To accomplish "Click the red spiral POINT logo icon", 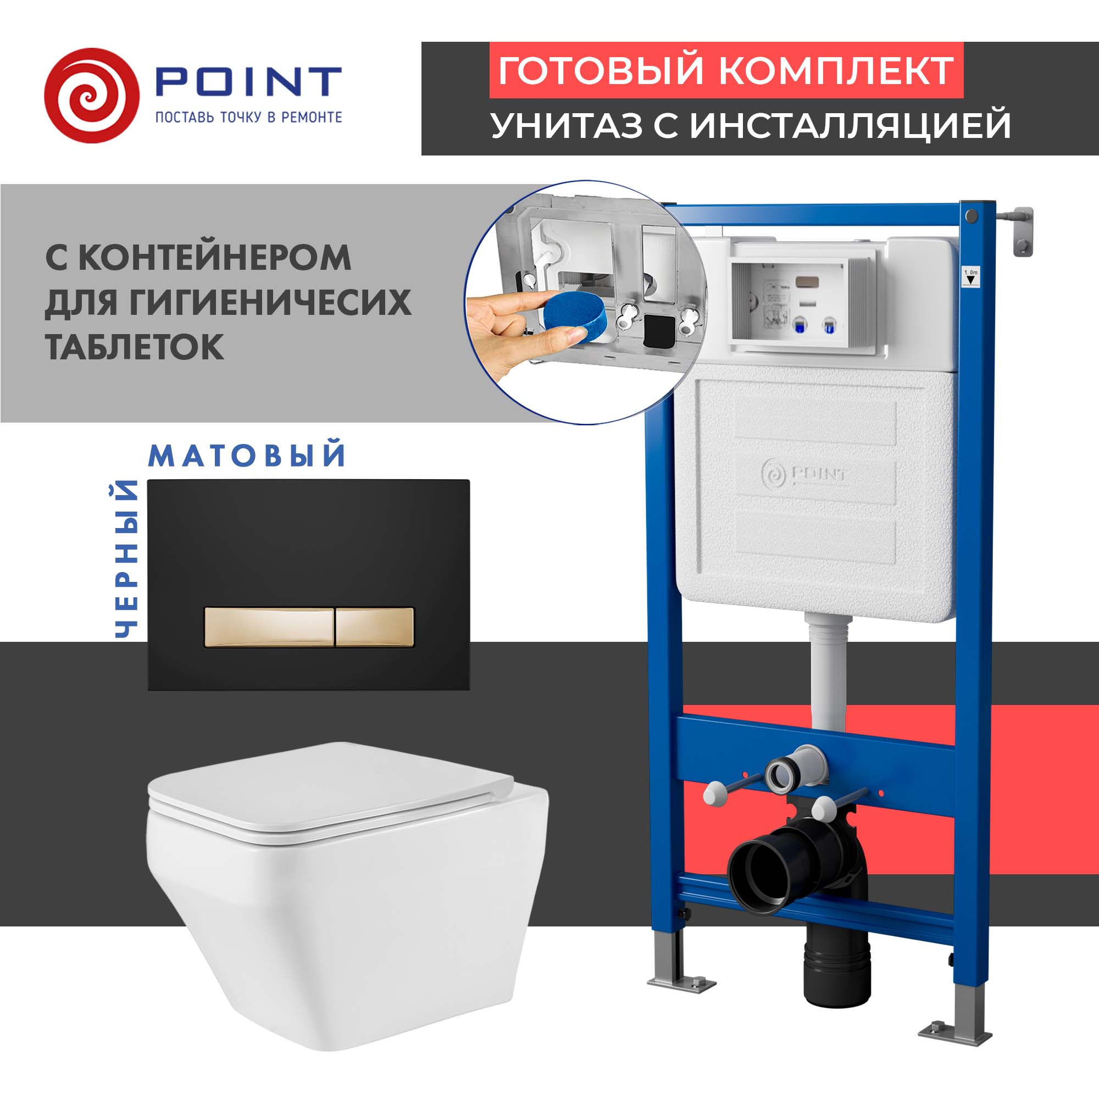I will tap(91, 96).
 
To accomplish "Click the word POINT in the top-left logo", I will tap(248, 82).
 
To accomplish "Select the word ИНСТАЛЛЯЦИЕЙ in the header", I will tap(851, 125).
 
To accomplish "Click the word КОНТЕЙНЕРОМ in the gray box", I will tap(214, 258).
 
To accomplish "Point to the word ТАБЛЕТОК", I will tap(134, 346).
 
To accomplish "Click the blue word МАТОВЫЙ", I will tap(247, 456).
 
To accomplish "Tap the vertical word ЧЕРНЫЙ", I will tap(126, 559).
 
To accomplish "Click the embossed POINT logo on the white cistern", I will tap(803, 472).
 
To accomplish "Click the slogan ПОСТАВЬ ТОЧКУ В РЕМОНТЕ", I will tap(248, 117).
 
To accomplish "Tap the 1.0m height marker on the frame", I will tap(971, 277).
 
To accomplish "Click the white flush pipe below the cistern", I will tap(828, 671).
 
